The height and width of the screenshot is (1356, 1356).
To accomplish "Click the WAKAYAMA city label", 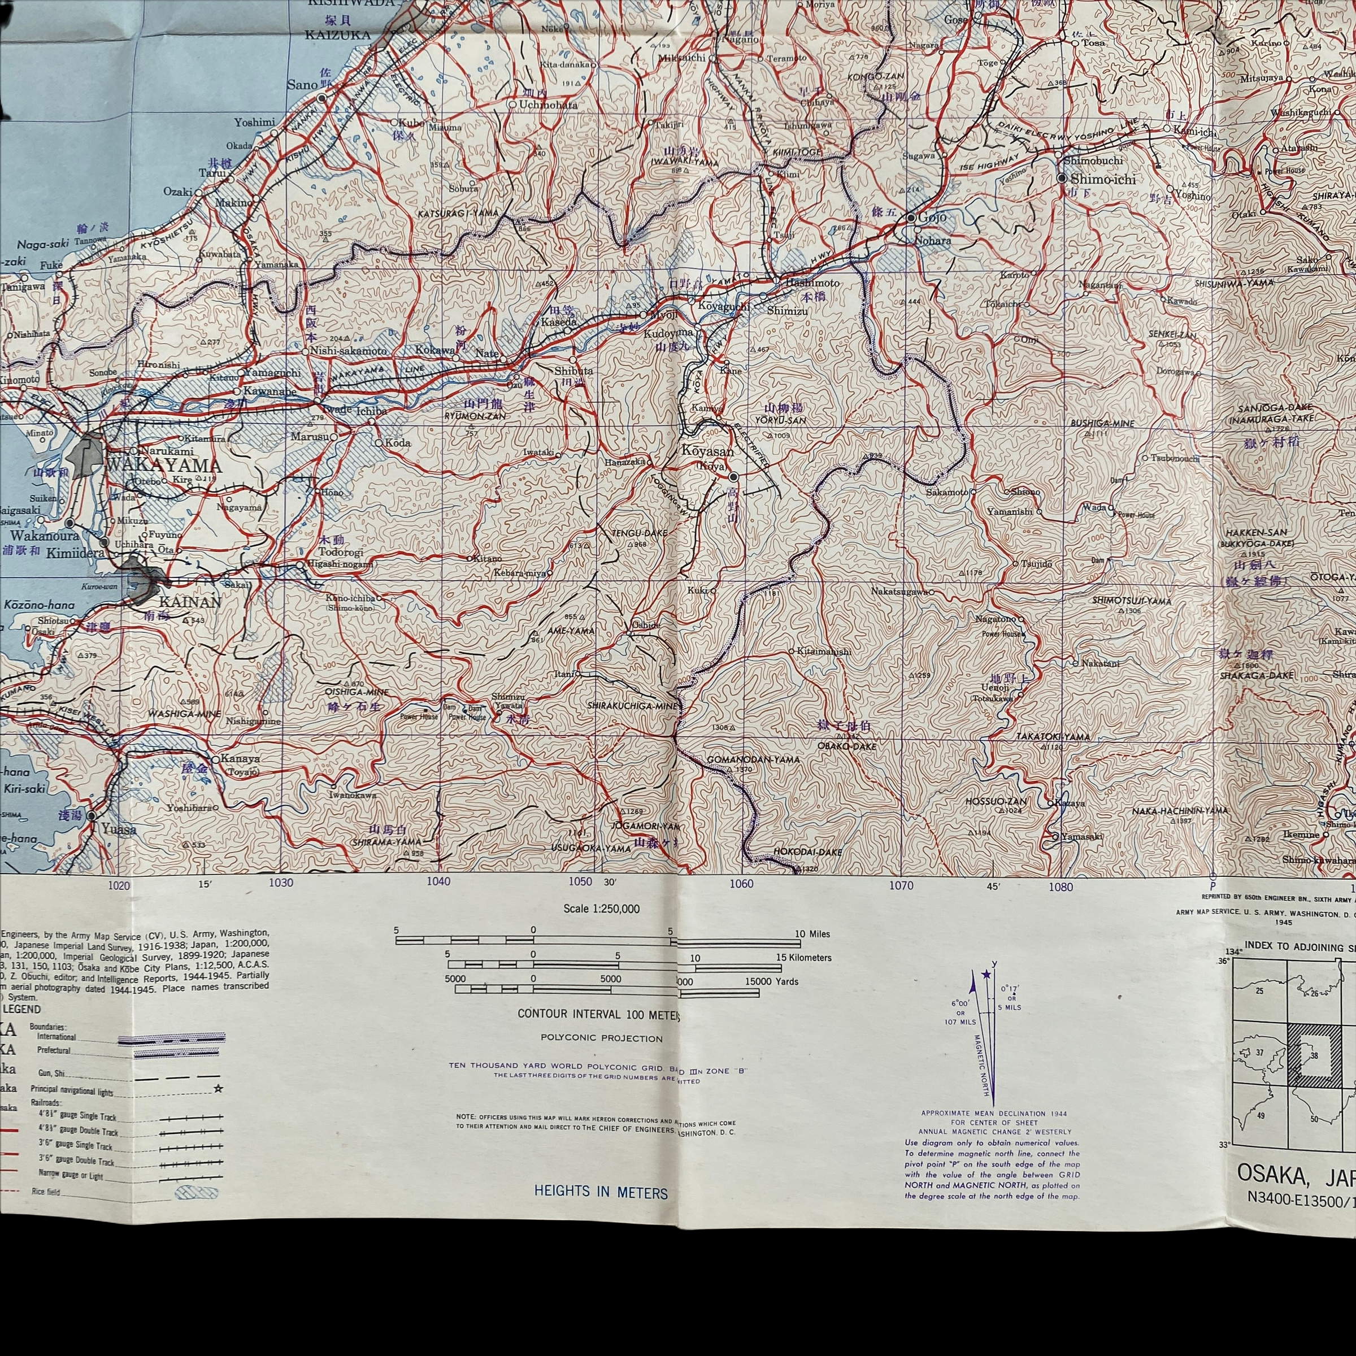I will [163, 466].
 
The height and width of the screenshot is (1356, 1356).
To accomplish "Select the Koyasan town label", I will [707, 451].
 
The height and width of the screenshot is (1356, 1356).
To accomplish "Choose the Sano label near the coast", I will [302, 85].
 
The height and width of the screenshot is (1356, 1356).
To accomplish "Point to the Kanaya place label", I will [240, 759].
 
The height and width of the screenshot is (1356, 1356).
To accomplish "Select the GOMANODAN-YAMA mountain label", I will [744, 760].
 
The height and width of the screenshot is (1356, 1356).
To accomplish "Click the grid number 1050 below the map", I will [580, 882].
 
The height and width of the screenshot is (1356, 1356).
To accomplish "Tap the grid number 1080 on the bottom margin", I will [1061, 886].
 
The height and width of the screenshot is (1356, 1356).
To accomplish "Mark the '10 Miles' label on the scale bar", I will [812, 934].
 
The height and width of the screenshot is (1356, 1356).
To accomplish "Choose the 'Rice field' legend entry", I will [46, 1192].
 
